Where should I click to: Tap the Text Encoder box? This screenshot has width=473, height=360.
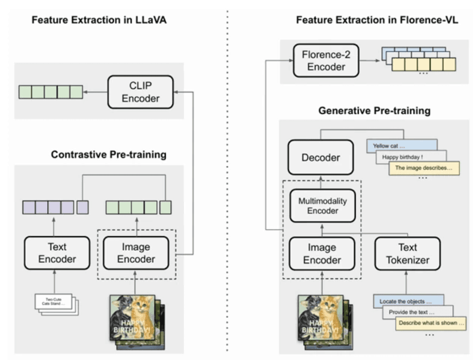[x=54, y=252]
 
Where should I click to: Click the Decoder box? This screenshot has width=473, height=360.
[x=321, y=157]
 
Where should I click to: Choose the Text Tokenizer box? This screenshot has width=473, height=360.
[x=408, y=252]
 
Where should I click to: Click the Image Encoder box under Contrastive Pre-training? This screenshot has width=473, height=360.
[x=136, y=252]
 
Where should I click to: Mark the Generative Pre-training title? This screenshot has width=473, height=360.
[x=374, y=111]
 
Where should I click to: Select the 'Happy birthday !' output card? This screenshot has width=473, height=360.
[x=410, y=156]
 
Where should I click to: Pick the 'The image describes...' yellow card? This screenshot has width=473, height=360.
[x=423, y=168]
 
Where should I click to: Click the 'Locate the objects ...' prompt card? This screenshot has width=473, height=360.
[x=406, y=301]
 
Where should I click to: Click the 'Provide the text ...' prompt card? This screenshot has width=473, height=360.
[x=415, y=312]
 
